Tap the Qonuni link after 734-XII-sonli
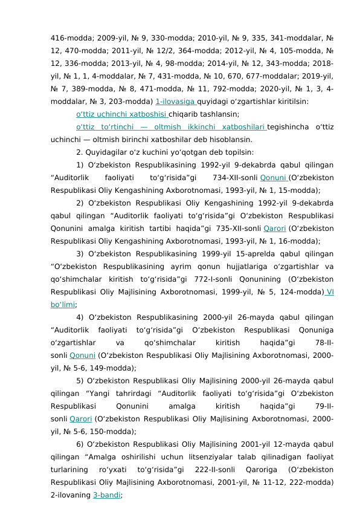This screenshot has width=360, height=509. click(273, 177)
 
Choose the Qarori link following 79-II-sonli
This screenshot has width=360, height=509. click(81, 418)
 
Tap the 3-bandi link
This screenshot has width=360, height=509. click(106, 494)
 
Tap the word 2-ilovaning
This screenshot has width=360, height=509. click(70, 494)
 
